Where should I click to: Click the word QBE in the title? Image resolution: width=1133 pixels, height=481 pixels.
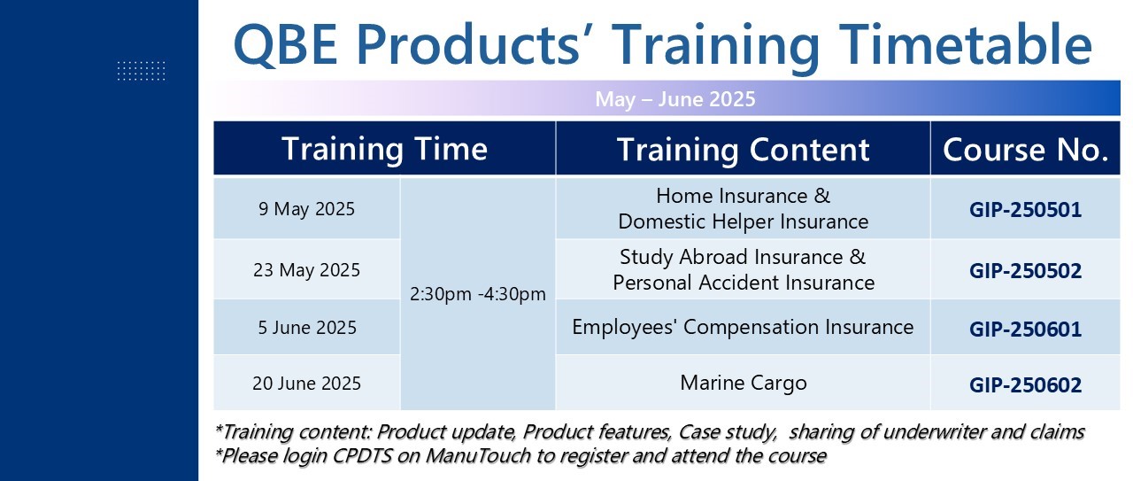(x=285, y=44)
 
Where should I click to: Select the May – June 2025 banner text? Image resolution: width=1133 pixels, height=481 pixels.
(x=675, y=98)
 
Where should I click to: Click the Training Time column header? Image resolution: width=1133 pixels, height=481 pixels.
(x=384, y=149)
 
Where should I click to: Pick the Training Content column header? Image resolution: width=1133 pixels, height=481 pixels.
(x=743, y=150)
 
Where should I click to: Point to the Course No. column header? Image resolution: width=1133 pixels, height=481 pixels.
(x=1025, y=150)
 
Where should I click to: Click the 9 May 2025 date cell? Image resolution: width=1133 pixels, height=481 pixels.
(x=306, y=209)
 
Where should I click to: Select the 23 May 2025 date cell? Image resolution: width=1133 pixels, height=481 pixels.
(x=306, y=270)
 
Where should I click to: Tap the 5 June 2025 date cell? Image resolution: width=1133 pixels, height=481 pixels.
(x=307, y=328)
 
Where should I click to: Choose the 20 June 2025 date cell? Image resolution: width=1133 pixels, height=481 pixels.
(x=306, y=384)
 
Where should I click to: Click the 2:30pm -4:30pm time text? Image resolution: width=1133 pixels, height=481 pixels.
(x=477, y=294)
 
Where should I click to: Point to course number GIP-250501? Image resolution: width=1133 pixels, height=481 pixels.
(x=1025, y=210)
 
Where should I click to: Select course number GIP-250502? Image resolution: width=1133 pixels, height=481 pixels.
(x=1025, y=271)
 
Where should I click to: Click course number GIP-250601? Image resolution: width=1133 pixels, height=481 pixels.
(x=1025, y=330)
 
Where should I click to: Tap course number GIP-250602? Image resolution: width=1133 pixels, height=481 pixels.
(x=1025, y=385)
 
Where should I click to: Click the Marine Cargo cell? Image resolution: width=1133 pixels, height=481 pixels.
(x=743, y=384)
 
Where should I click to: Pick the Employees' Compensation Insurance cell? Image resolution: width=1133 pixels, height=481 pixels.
(x=743, y=327)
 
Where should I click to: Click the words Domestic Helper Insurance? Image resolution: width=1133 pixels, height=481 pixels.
(x=743, y=221)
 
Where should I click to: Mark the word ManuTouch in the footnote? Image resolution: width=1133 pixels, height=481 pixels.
(x=478, y=455)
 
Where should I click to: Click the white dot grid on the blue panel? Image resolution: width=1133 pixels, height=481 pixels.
(x=141, y=71)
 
